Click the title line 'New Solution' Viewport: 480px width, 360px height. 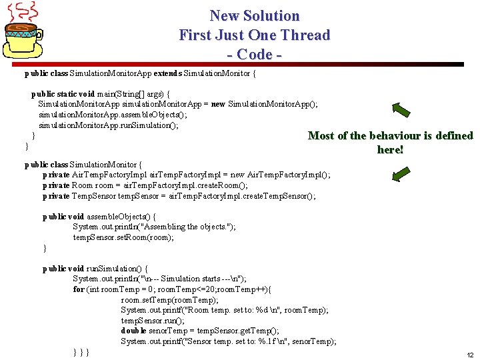(x=254, y=15)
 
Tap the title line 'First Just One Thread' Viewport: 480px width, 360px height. (x=254, y=35)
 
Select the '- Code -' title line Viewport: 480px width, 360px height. (x=254, y=54)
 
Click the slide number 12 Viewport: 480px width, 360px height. (x=470, y=355)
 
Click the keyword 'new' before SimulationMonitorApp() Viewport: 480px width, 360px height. (x=218, y=104)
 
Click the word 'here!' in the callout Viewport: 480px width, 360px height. (x=390, y=150)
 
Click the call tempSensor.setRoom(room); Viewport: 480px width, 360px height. (x=123, y=237)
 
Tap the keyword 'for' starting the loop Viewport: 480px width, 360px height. (x=79, y=289)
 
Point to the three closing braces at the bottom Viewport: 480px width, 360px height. (x=81, y=352)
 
